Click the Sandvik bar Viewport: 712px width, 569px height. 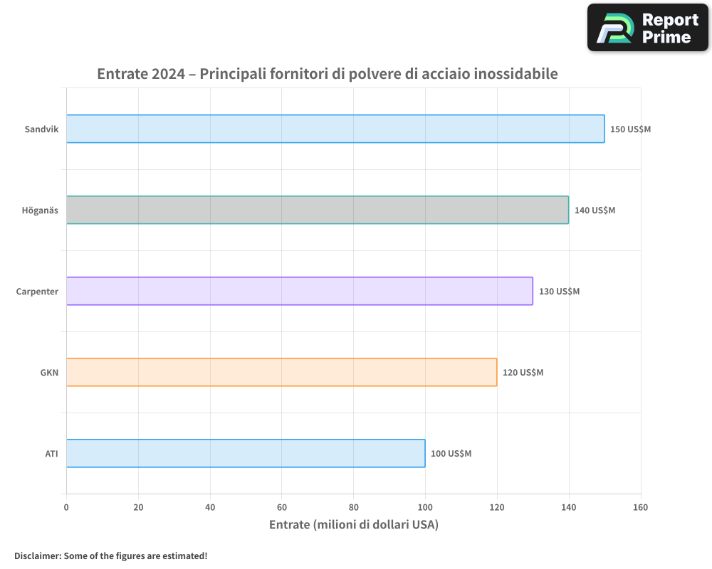point(335,129)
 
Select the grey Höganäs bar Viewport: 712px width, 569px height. point(318,210)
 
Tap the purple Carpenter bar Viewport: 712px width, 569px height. point(300,291)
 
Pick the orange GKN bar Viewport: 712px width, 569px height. point(281,372)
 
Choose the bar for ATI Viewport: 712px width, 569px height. point(246,453)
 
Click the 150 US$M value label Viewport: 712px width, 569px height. point(630,129)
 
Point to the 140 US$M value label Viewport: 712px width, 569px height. point(595,211)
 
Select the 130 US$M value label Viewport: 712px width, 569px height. point(559,292)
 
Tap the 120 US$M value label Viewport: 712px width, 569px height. point(523,373)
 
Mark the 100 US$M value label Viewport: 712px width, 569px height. point(451,454)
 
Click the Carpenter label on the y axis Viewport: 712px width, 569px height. point(37,291)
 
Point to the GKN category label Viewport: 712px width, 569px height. point(49,372)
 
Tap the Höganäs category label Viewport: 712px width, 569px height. point(40,210)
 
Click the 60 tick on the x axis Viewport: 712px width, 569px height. point(282,507)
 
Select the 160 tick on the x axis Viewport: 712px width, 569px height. point(640,507)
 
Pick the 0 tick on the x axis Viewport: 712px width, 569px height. point(66,507)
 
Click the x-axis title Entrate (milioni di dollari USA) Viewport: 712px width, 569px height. point(353,525)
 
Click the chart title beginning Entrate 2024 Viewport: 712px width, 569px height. point(327,74)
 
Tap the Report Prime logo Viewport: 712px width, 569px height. point(647,28)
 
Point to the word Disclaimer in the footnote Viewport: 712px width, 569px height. point(37,555)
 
